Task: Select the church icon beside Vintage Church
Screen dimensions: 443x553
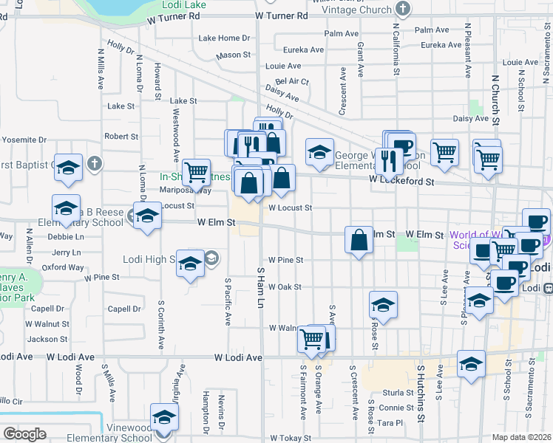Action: click(x=402, y=9)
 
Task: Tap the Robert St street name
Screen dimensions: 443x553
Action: click(x=121, y=137)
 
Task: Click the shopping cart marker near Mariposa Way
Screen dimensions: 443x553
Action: click(x=196, y=172)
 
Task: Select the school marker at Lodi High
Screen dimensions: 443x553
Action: click(x=190, y=263)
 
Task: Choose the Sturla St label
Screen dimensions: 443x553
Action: click(x=397, y=393)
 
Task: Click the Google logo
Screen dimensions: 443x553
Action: click(x=25, y=434)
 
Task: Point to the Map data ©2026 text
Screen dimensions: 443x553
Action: click(x=521, y=437)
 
